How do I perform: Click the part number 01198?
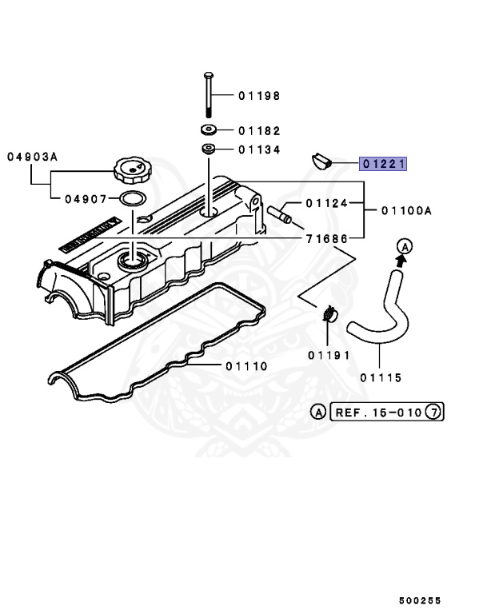[x=258, y=96]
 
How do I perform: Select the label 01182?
[x=258, y=130]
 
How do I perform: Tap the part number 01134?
[x=258, y=150]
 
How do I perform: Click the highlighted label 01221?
[x=384, y=165]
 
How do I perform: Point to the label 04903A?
[x=33, y=157]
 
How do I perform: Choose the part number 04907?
[x=86, y=198]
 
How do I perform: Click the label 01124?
[x=327, y=203]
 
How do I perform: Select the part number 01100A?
[x=406, y=210]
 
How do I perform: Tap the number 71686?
[x=327, y=239]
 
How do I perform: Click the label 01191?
[x=327, y=353]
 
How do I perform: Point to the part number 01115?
[x=380, y=377]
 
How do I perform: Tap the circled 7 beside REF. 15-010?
[x=433, y=413]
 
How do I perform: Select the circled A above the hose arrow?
[x=405, y=246]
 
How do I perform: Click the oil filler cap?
[x=130, y=169]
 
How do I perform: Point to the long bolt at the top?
[x=208, y=94]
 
